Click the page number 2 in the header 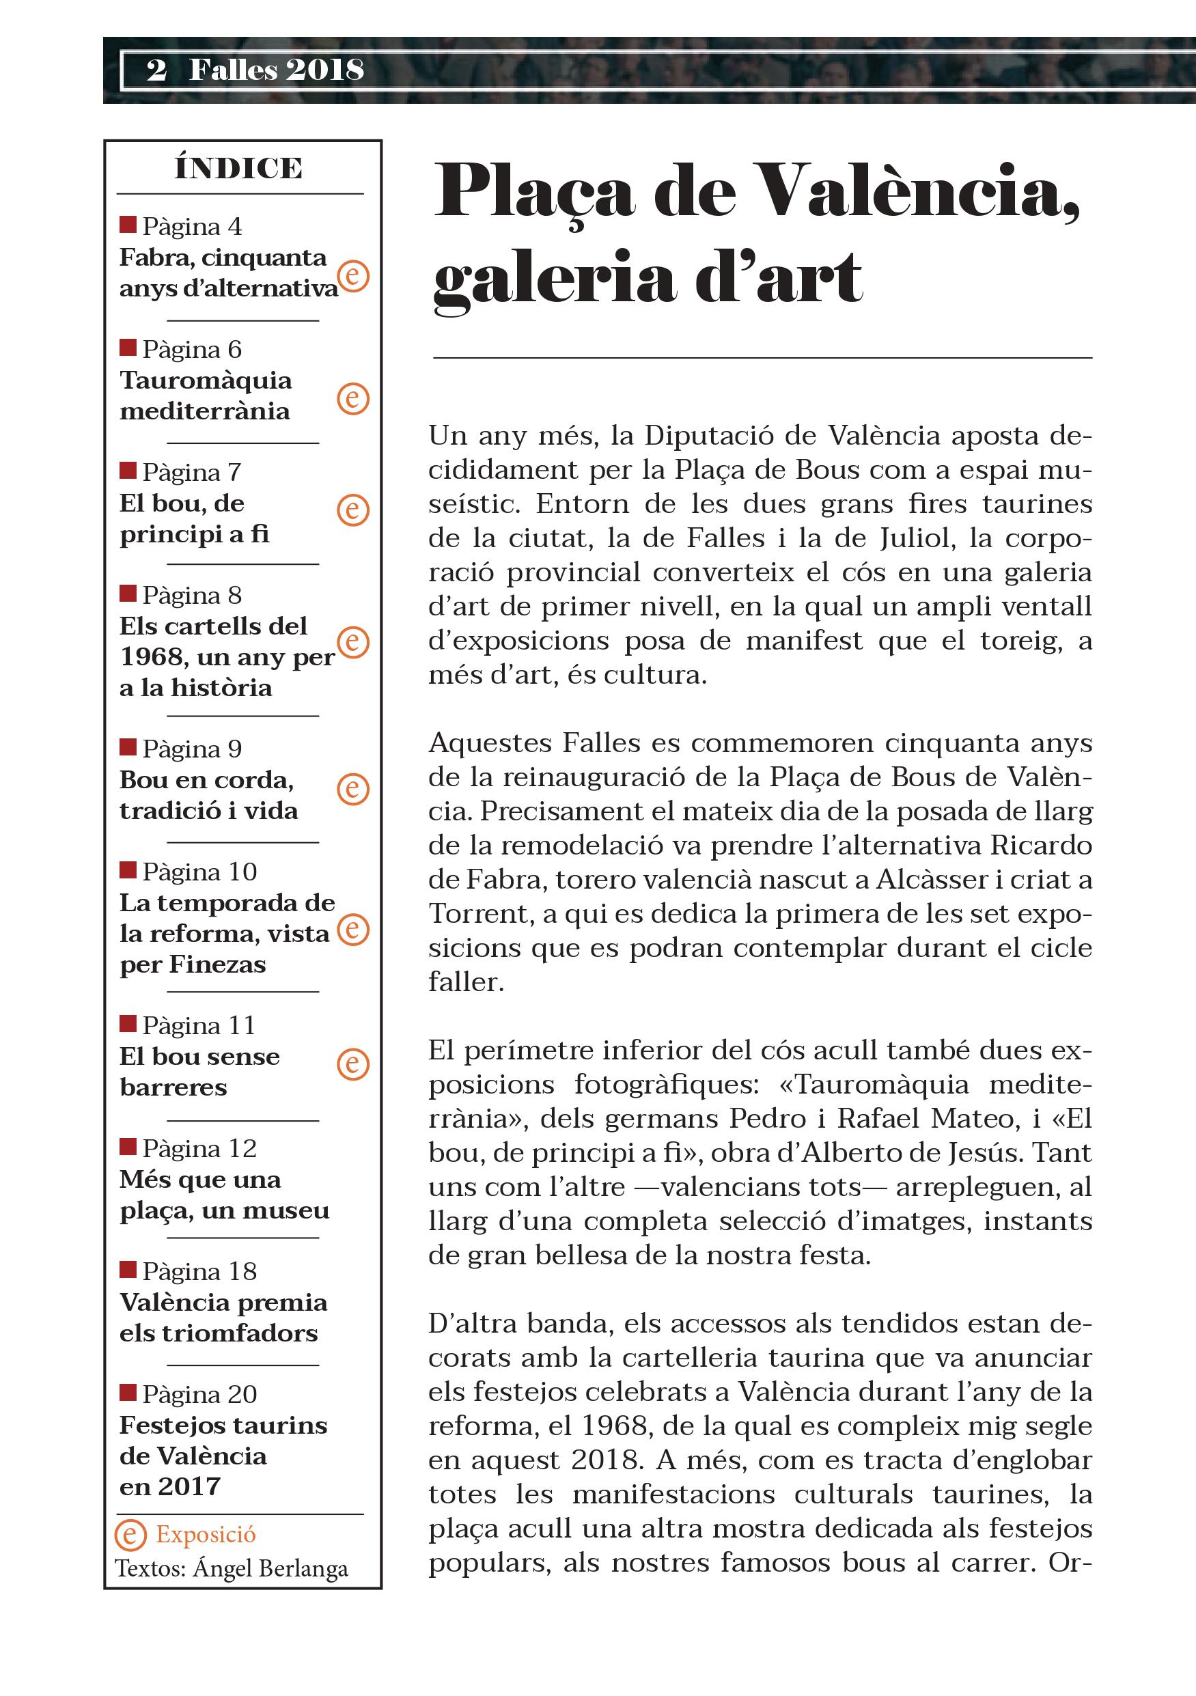click(156, 70)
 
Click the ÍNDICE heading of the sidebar click(238, 169)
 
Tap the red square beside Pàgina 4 click(128, 224)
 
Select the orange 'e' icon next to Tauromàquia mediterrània click(353, 399)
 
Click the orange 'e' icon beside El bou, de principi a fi click(353, 510)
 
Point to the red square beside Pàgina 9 click(128, 747)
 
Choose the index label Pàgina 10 click(199, 872)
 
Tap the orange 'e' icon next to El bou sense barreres click(353, 1064)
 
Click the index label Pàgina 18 click(199, 1271)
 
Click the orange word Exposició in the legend click(206, 1534)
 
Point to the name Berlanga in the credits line click(304, 1568)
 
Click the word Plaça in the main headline click(534, 191)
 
